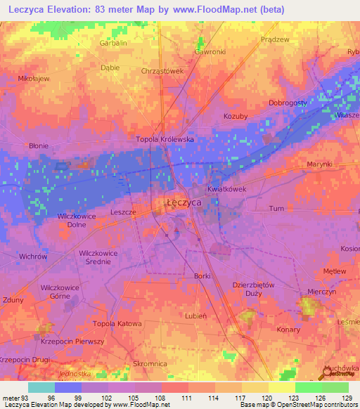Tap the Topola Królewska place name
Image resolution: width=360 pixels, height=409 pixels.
tap(165, 139)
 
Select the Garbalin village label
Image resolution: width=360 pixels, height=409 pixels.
tap(113, 43)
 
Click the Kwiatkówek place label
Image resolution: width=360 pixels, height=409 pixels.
tap(226, 189)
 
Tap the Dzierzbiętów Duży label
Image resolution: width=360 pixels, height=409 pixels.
tap(252, 290)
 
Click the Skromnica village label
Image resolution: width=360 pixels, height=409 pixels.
tap(150, 363)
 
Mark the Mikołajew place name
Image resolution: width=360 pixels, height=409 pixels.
tap(34, 79)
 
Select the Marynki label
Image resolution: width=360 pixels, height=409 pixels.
tap(300, 164)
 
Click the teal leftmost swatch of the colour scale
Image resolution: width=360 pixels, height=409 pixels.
tap(41, 387)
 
